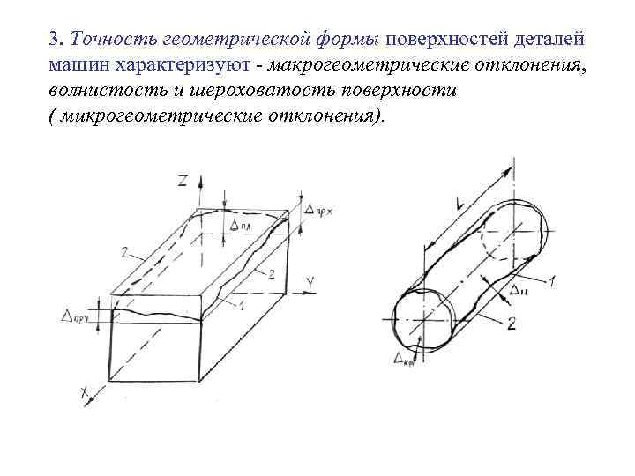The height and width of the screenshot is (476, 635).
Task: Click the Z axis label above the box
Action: [x=183, y=181]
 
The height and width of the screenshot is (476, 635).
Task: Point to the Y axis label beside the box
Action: [x=310, y=280]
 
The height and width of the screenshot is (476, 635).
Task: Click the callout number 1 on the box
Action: [x=240, y=306]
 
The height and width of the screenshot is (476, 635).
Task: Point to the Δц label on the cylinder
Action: [x=518, y=288]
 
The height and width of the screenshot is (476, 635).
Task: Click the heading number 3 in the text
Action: [x=54, y=39]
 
